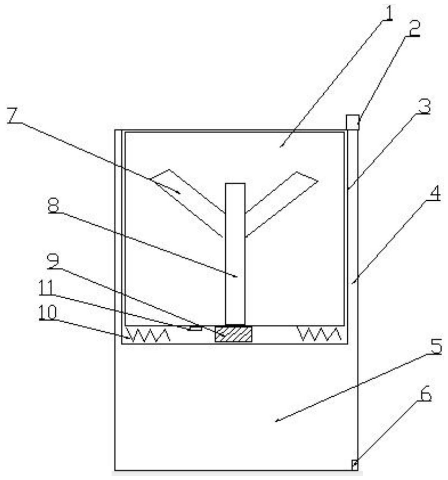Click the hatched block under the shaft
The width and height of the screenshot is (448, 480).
tap(233, 334)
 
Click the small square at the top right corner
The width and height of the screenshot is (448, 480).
tap(352, 122)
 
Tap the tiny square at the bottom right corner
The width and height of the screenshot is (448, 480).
tap(354, 465)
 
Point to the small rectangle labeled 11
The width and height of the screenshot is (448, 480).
tap(196, 328)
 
